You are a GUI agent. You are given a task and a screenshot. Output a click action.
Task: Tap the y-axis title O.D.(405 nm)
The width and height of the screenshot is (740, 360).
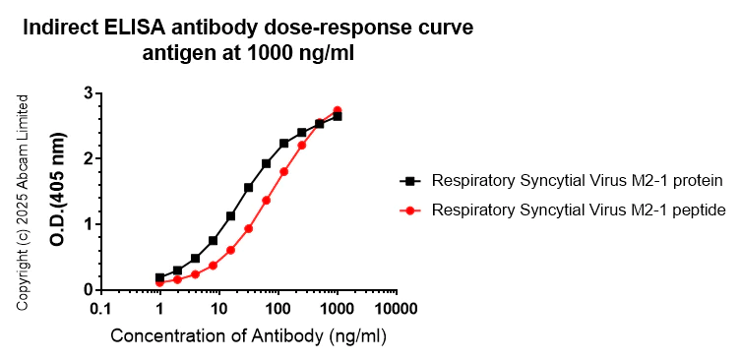[61, 192]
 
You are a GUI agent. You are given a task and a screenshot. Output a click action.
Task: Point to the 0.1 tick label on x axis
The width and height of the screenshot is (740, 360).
[100, 309]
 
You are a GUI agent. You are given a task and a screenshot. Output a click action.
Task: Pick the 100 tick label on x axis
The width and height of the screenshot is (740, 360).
[278, 309]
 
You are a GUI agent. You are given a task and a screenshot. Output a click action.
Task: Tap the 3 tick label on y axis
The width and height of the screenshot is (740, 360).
[88, 93]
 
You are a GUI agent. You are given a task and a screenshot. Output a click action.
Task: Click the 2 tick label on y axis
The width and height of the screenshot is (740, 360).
[88, 158]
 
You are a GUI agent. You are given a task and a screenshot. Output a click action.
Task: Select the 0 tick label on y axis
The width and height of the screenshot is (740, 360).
[88, 290]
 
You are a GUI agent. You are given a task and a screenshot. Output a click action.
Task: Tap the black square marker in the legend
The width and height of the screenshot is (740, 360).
[407, 181]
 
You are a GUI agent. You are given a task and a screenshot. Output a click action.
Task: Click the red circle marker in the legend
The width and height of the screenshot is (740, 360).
[407, 210]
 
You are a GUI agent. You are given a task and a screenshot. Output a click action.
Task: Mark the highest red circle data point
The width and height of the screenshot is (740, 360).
[338, 110]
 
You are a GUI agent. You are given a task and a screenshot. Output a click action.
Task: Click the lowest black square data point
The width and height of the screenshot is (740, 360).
[159, 277]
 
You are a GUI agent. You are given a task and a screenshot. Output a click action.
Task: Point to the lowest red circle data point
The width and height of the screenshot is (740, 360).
[159, 283]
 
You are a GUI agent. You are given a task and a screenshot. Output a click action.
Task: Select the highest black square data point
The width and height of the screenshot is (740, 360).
[338, 116]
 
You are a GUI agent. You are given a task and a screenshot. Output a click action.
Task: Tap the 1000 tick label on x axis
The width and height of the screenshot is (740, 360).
[338, 309]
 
